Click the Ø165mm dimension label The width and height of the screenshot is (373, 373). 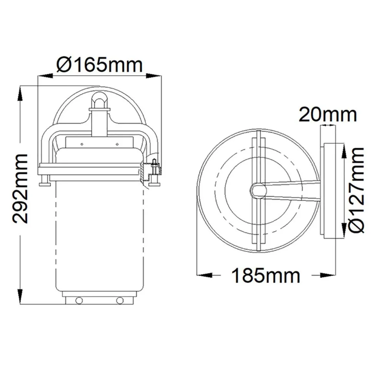(100, 64)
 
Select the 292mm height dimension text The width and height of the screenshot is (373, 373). (20, 189)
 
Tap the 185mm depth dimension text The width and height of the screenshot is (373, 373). (265, 276)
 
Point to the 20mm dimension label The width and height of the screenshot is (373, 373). (328, 115)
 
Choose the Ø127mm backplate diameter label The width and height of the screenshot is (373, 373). (356, 190)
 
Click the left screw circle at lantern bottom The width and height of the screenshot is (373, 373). (79, 300)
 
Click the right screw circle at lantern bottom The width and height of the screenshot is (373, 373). (120, 300)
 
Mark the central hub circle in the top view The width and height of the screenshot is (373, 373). (258, 190)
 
